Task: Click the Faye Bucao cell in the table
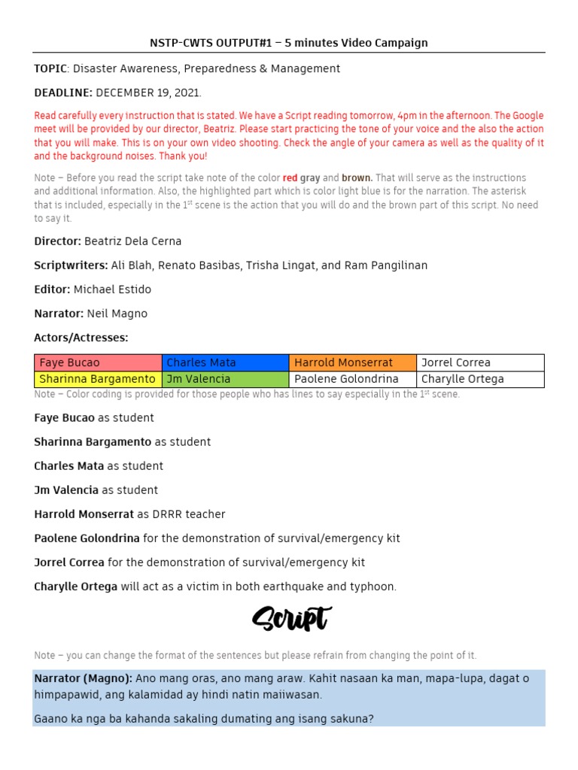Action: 98,362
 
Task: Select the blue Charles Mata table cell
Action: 225,362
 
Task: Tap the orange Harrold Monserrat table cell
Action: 352,362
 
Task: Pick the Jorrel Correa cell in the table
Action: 479,362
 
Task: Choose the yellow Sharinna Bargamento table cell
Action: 98,379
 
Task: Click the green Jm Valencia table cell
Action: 225,379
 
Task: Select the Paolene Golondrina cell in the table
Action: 352,379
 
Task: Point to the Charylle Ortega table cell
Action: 479,379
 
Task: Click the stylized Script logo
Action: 291,619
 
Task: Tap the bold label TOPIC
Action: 50,68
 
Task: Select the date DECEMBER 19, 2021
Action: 148,92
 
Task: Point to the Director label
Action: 57,241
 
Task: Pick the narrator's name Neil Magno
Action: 117,314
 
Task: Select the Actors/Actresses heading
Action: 81,338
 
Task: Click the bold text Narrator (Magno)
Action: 83,678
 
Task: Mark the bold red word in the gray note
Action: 290,178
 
